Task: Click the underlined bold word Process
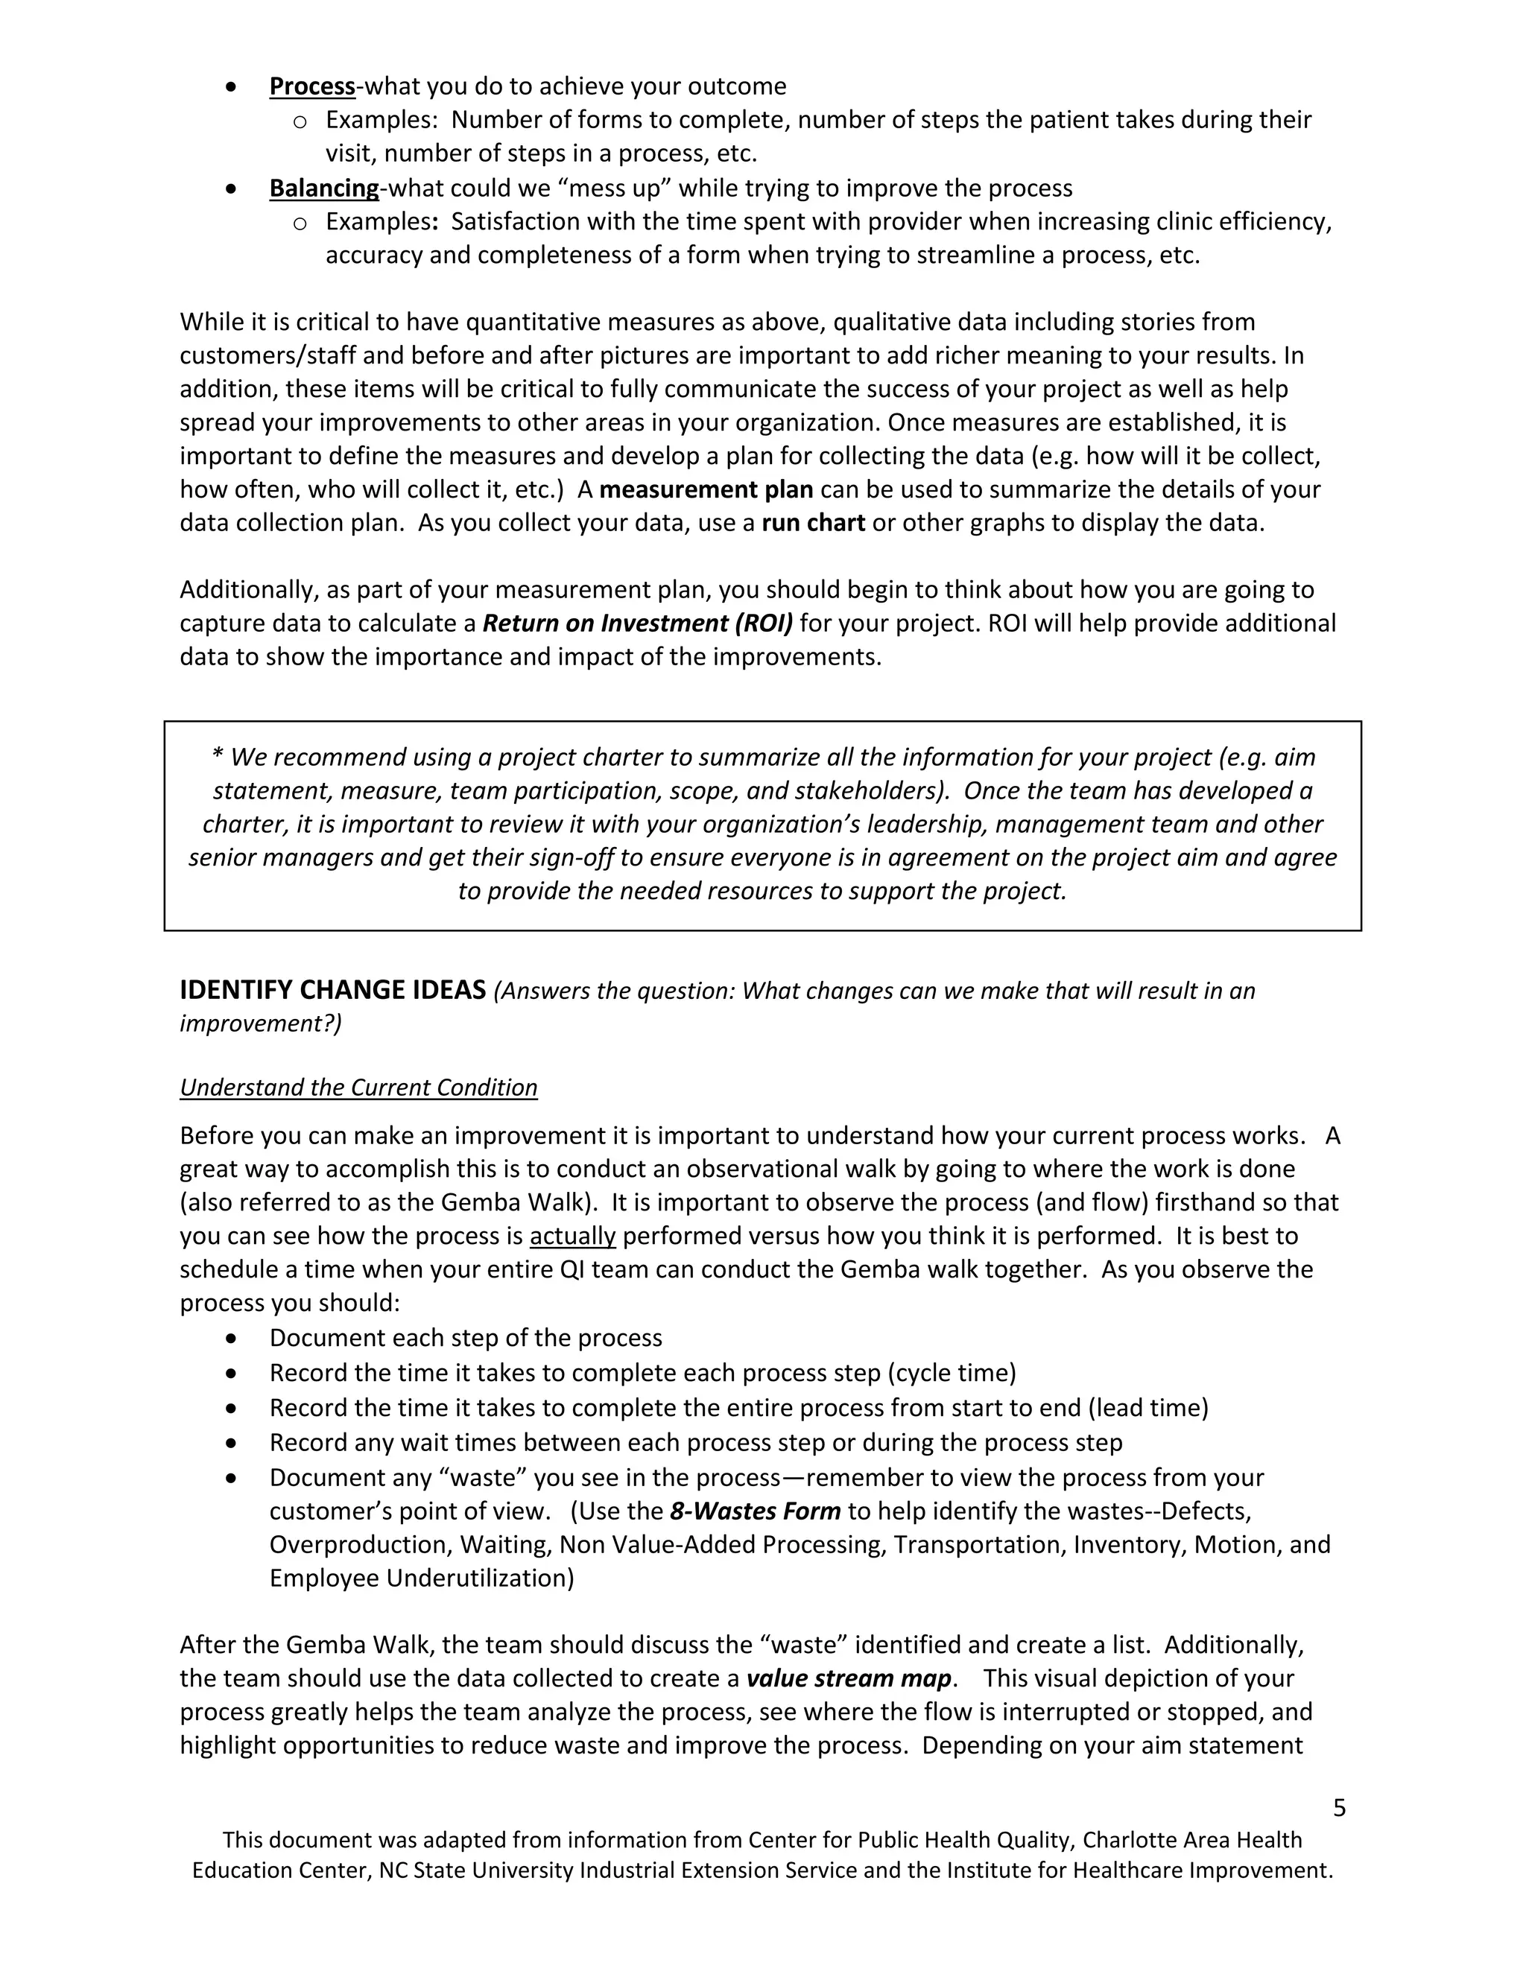click(x=312, y=86)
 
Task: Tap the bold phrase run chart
click(x=814, y=524)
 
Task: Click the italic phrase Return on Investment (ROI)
click(x=637, y=623)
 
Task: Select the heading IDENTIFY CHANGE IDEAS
click(x=332, y=991)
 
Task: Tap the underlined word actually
click(x=572, y=1237)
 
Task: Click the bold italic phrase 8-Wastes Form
click(x=755, y=1511)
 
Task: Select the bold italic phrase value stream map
click(x=849, y=1678)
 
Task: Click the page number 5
click(x=1339, y=1808)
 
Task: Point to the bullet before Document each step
click(x=232, y=1338)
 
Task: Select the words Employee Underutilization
click(x=421, y=1578)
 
